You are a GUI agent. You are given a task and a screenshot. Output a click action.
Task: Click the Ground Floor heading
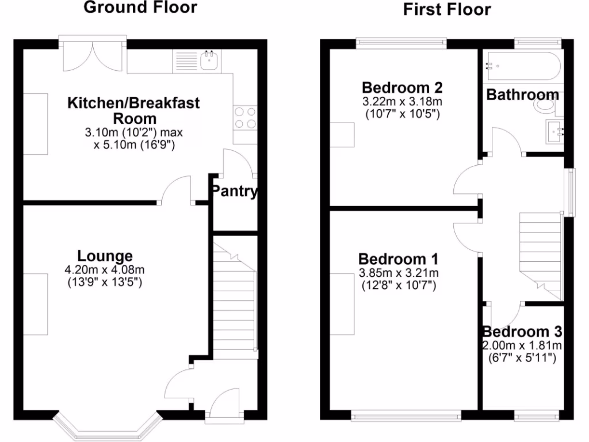140,7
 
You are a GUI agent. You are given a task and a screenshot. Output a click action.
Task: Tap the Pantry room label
234,192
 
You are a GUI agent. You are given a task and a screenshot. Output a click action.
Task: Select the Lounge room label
105,256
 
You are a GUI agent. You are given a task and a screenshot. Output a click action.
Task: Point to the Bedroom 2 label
402,88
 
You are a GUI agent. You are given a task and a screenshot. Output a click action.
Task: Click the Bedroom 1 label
399,258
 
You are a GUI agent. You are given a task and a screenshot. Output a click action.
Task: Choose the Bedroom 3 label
522,332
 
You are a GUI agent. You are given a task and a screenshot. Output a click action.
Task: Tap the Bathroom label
522,95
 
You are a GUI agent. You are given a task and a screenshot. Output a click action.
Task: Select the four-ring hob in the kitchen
244,118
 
